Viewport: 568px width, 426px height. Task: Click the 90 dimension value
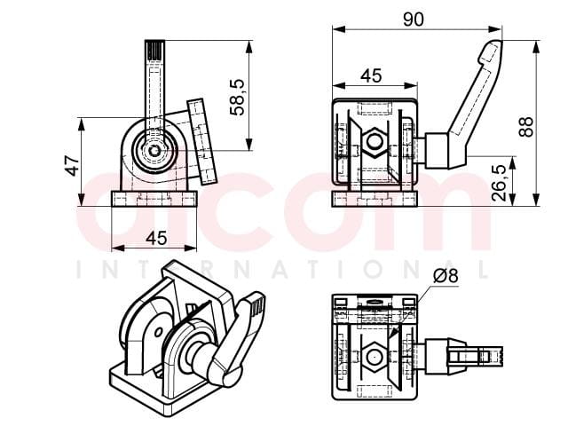(x=413, y=20)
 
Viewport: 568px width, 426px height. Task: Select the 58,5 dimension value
(x=238, y=98)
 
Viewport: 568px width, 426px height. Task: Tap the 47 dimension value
(x=72, y=166)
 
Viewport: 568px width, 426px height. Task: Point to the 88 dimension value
(x=525, y=126)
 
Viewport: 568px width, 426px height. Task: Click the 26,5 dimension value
(x=499, y=183)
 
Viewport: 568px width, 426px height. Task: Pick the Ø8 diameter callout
(x=446, y=276)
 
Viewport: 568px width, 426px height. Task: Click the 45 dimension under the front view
(x=156, y=239)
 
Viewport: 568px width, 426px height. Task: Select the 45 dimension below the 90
(x=371, y=75)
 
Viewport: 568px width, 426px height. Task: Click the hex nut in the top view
(x=373, y=357)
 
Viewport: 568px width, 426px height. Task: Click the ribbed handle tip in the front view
(x=154, y=51)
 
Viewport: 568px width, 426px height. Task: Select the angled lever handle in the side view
(x=468, y=105)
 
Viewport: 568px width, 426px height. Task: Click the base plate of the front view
(x=154, y=199)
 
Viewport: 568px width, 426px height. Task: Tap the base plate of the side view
(x=375, y=199)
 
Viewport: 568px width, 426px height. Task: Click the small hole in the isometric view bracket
(x=158, y=332)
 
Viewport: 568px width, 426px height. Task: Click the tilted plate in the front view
(x=201, y=142)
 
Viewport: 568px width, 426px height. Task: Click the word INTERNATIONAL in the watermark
(x=284, y=270)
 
